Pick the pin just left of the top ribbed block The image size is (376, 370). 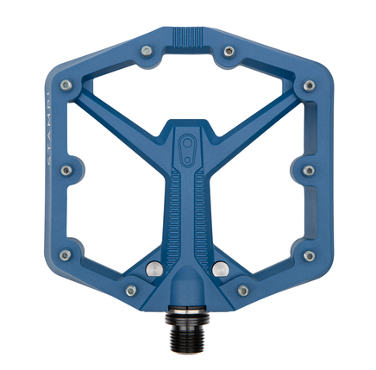point(148,52)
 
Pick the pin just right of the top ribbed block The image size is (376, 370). point(229,52)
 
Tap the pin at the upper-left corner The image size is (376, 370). point(70,85)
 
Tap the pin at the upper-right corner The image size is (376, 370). point(308,85)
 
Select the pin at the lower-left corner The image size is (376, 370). point(69,256)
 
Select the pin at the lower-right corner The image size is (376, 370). point(308,256)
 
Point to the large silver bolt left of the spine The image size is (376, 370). point(152,267)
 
